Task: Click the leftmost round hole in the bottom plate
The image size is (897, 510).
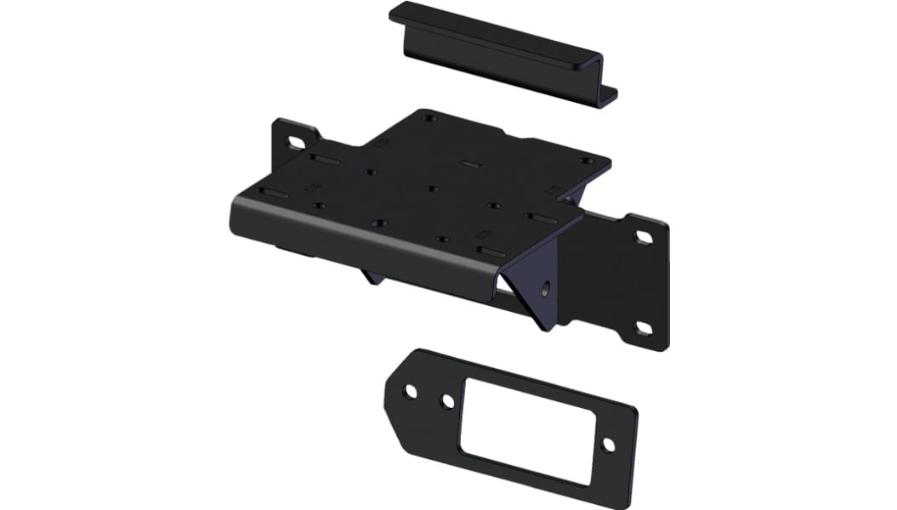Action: coord(410,391)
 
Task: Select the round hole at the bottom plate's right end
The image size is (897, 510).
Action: coord(608,445)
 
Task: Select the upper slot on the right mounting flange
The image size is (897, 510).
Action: coord(644,238)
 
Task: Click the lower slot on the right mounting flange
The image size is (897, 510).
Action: coord(644,328)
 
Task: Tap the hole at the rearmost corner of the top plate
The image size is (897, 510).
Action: coord(429,117)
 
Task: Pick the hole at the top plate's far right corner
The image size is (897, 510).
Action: coord(585,161)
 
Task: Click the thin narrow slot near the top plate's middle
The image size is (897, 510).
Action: coord(470,162)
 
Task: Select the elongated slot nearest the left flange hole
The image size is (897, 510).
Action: coord(324,159)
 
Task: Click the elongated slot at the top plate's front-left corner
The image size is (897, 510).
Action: coord(274,194)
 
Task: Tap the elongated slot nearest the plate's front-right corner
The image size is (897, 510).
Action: coord(491,252)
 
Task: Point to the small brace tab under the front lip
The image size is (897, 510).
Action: coord(372,276)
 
